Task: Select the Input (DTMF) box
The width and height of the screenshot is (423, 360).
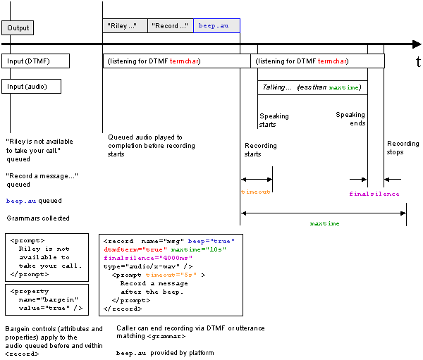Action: pyautogui.click(x=35, y=61)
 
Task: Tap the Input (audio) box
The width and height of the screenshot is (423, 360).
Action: pyautogui.click(x=31, y=86)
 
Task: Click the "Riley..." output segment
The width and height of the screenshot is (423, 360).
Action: pyautogui.click(x=125, y=26)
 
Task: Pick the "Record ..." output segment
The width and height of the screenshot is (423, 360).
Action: pyautogui.click(x=171, y=26)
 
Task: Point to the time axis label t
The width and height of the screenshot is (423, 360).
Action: pyautogui.click(x=417, y=63)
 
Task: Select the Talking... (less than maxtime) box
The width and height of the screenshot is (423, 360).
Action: pyautogui.click(x=312, y=87)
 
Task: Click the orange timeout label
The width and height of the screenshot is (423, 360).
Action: pyautogui.click(x=255, y=191)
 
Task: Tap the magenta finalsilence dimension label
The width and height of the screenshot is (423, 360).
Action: pyautogui.click(x=374, y=194)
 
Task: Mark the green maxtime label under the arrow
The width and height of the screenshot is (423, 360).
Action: pyautogui.click(x=324, y=223)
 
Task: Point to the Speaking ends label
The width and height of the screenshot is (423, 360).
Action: pyautogui.click(x=350, y=118)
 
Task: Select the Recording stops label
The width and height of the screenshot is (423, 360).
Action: pyautogui.click(x=403, y=148)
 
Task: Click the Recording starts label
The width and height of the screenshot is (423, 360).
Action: pyautogui.click(x=260, y=150)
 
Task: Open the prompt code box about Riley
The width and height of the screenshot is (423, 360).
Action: pyautogui.click(x=46, y=256)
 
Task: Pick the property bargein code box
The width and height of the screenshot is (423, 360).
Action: pyautogui.click(x=46, y=299)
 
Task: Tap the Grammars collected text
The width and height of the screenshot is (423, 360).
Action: pyautogui.click(x=37, y=218)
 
